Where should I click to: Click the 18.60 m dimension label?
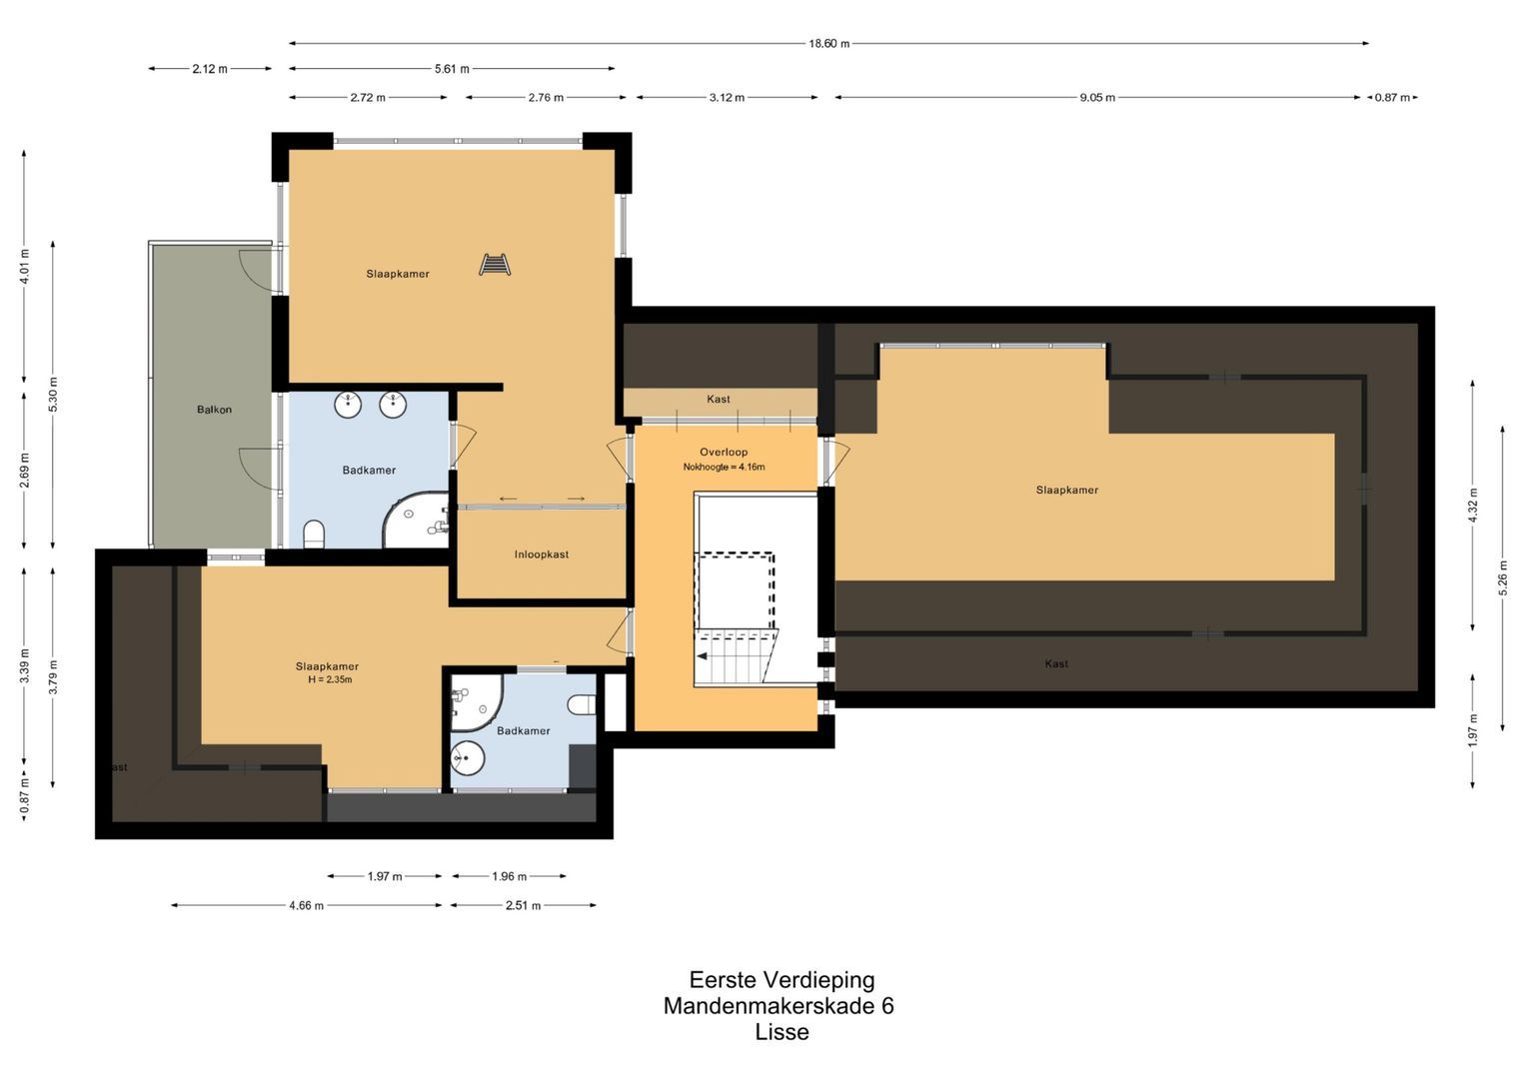(828, 43)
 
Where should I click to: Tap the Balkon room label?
(214, 410)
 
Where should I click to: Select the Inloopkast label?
(542, 554)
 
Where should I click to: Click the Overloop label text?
(724, 452)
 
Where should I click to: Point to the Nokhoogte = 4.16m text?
(724, 467)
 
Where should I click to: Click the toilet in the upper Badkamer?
(314, 534)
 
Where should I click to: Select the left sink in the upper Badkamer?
(348, 405)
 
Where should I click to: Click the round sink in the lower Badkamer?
(467, 758)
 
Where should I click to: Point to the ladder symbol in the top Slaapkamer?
(495, 265)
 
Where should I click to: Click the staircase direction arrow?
(704, 656)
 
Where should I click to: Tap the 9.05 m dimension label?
(1096, 97)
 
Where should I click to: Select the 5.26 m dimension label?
(1502, 577)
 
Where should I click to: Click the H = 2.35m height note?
(330, 679)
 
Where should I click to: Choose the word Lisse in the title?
(781, 1032)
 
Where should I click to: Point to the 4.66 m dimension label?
(306, 905)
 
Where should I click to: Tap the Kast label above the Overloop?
(718, 400)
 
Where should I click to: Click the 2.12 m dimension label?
(210, 69)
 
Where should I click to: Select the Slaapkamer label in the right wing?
(1066, 490)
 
